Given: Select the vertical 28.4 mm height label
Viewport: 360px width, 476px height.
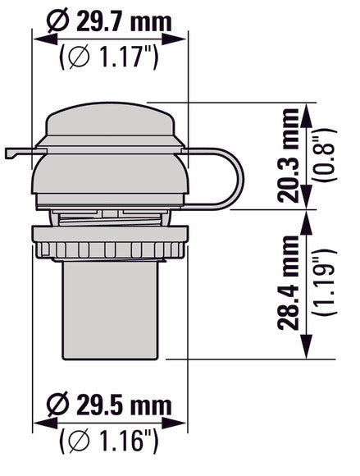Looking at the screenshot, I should click(289, 283).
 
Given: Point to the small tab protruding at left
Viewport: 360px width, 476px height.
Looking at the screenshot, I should click(16, 153).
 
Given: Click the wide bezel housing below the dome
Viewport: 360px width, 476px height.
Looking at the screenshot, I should click(110, 176).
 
